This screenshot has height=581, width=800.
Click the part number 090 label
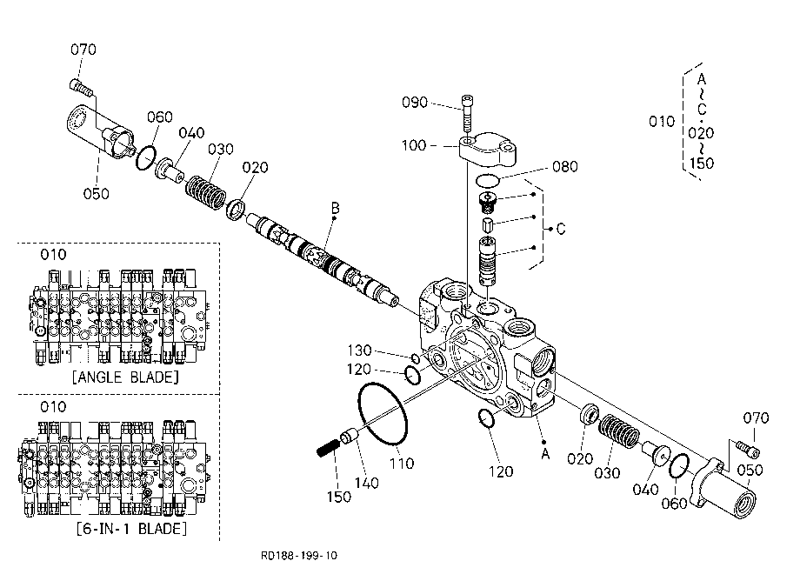click(x=414, y=103)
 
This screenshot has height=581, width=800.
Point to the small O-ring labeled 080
click(x=487, y=179)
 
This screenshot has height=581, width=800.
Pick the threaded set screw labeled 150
click(x=327, y=448)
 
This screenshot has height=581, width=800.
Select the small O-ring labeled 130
click(x=415, y=358)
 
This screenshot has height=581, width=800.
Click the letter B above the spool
click(x=335, y=208)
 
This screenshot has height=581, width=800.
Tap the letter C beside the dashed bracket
click(x=561, y=229)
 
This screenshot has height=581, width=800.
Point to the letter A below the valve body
click(x=545, y=453)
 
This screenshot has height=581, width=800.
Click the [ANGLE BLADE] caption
click(x=125, y=377)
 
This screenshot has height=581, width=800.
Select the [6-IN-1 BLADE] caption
click(x=131, y=529)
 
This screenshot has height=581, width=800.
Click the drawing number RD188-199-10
click(x=299, y=556)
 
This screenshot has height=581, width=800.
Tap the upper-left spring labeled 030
click(x=205, y=191)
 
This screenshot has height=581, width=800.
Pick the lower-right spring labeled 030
click(x=618, y=431)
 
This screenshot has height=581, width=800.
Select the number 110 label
click(x=402, y=464)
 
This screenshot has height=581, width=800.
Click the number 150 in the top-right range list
click(x=701, y=164)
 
